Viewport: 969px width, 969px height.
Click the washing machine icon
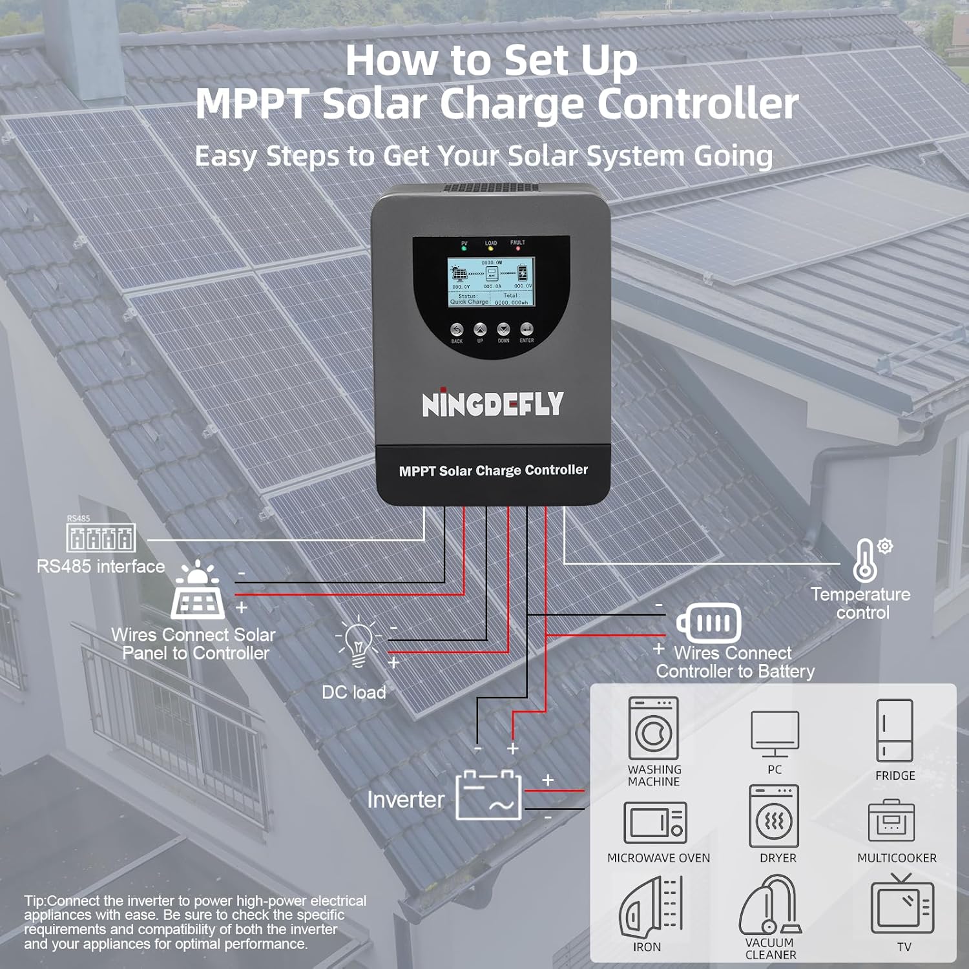[653, 728]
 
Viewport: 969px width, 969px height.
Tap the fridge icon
[895, 730]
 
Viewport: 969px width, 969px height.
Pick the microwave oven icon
[655, 822]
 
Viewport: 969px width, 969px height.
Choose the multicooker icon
[891, 820]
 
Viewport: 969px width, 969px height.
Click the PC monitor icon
[775, 733]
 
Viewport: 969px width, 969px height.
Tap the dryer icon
[774, 817]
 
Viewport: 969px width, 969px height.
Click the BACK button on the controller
[457, 330]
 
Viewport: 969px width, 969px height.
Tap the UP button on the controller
[480, 330]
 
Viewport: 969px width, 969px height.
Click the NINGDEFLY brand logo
[492, 404]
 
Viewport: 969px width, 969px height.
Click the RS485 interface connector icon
[101, 537]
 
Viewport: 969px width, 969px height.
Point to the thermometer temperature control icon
[866, 560]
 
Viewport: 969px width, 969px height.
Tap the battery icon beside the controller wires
[709, 623]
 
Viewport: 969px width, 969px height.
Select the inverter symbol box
[488, 795]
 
